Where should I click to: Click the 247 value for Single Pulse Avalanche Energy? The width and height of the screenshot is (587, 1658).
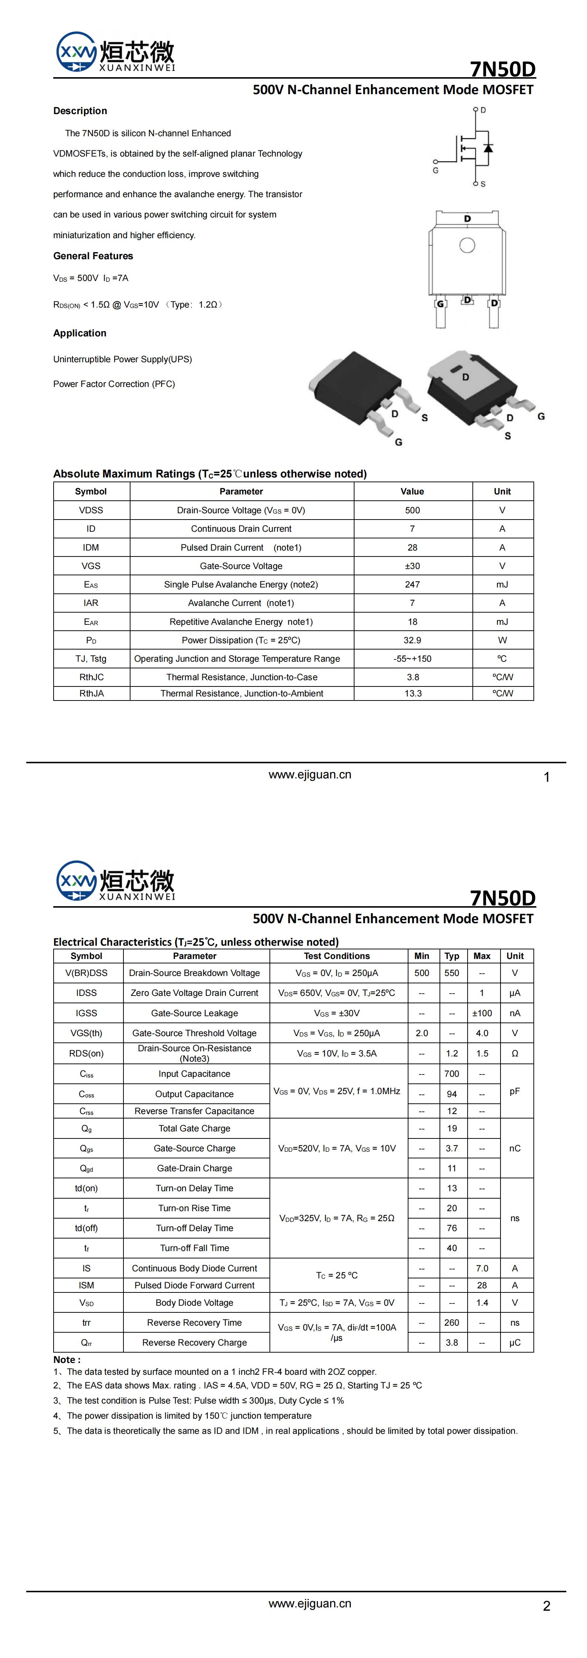[413, 585]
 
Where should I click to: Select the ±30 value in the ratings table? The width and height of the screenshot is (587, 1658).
[413, 566]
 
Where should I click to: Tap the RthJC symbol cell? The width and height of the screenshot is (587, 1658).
[91, 677]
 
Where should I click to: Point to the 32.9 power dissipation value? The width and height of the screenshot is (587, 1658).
[413, 640]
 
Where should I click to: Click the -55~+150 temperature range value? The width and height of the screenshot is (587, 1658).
[413, 658]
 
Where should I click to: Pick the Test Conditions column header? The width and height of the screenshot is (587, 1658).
[337, 956]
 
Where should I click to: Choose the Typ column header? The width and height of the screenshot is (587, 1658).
[452, 956]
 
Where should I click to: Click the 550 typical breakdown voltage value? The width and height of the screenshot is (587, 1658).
[452, 973]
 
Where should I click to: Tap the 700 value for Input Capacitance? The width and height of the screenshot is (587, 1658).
[452, 1073]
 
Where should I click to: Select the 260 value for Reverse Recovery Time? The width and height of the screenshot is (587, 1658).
[452, 1323]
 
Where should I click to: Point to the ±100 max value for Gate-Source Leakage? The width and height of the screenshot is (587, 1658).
[482, 1013]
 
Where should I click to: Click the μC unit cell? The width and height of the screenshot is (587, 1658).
[515, 1343]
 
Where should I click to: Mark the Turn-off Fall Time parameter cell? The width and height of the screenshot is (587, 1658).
[194, 1248]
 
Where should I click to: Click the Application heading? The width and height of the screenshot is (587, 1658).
[80, 333]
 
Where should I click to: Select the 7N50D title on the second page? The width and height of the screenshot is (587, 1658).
[503, 898]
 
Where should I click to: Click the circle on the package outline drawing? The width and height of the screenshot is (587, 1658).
[467, 245]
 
